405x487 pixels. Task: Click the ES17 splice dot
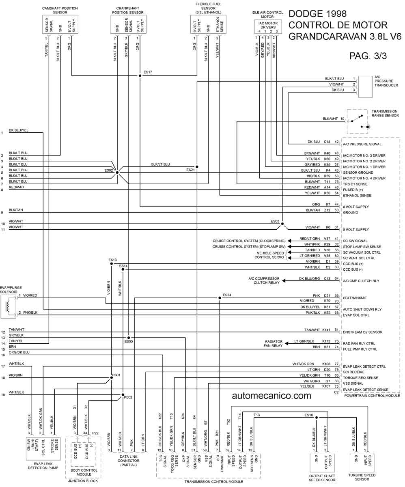tap(140, 75)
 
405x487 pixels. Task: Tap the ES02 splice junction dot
tap(117, 172)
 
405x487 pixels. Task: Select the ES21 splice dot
tap(197, 167)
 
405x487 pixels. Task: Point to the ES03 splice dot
tap(282, 224)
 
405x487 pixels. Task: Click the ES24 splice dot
tap(220, 298)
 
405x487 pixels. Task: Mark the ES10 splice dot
tap(317, 418)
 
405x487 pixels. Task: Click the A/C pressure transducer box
tap(365, 87)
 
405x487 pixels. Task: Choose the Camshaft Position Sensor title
tap(60, 10)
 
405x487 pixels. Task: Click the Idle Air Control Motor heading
tap(267, 15)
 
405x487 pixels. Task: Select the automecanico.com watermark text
tap(271, 396)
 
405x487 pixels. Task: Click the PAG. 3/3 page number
tap(368, 56)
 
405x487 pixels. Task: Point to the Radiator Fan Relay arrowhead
tap(287, 343)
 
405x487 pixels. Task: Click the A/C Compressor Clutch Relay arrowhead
tap(284, 280)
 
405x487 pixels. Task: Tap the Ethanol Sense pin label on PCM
tap(357, 196)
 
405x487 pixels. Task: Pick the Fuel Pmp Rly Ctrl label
tap(360, 349)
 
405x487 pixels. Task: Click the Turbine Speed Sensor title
tap(362, 477)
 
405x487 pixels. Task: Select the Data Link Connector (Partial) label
tap(129, 461)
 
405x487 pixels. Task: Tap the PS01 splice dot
tap(112, 377)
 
